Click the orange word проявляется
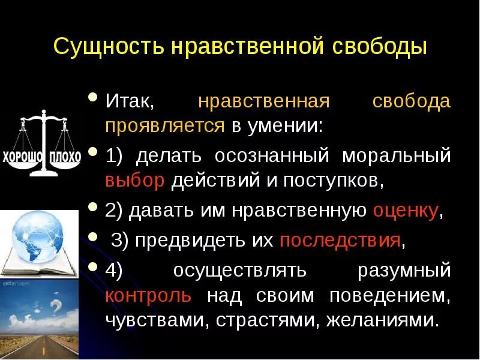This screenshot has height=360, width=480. pos(166,127)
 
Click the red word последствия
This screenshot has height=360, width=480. pos(340,241)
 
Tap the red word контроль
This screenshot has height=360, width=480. pos(148,296)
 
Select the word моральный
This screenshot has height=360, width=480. pos(396,155)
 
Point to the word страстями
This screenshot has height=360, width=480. pos(263,320)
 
